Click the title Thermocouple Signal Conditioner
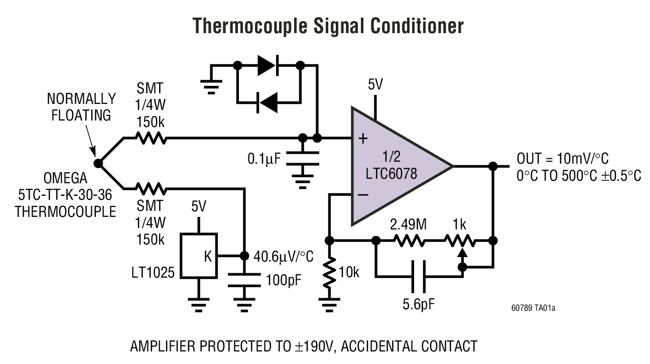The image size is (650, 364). pos(328,26)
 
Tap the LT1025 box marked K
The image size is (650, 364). pos(199,256)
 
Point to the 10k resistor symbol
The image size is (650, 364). pos(329,273)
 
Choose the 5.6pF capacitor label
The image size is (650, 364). pos(419,304)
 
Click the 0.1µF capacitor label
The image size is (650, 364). pos(265,160)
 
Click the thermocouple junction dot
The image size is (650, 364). pos(98,163)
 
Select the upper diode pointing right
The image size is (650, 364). pos(268,65)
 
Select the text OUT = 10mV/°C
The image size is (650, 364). pos(562,159)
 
